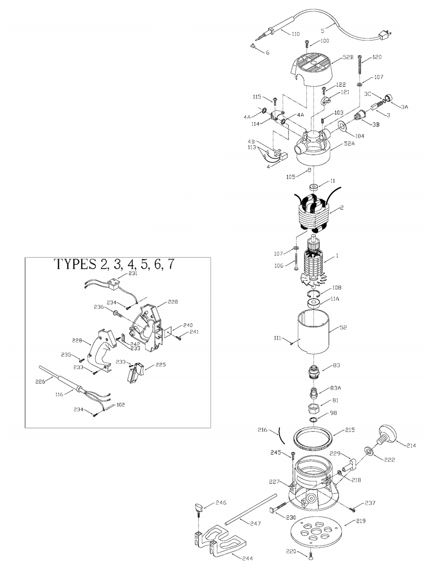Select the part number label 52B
pyautogui.click(x=348, y=57)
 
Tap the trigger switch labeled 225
pyautogui.click(x=136, y=373)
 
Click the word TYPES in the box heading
pyautogui.click(x=75, y=264)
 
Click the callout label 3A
pyautogui.click(x=404, y=107)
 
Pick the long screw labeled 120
pyautogui.click(x=360, y=65)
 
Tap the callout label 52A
pyautogui.click(x=349, y=143)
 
